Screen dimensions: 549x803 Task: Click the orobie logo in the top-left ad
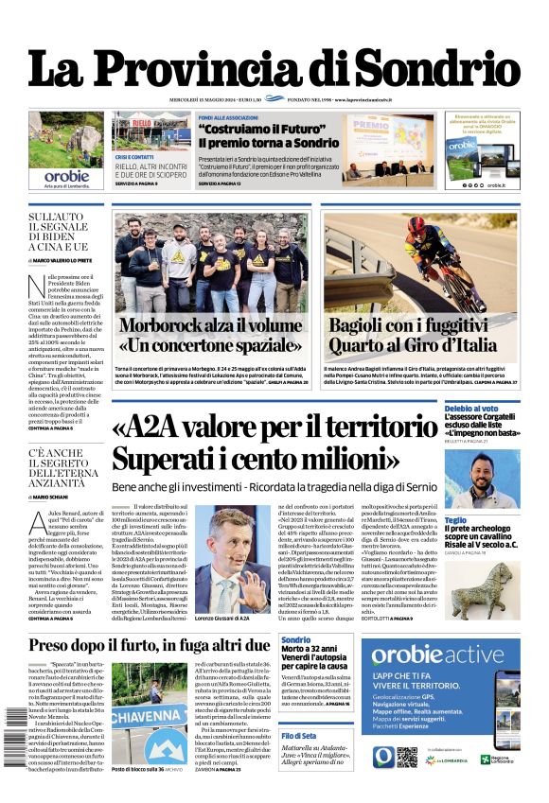[66, 175]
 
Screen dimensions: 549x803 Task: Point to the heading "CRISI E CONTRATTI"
[135, 157]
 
